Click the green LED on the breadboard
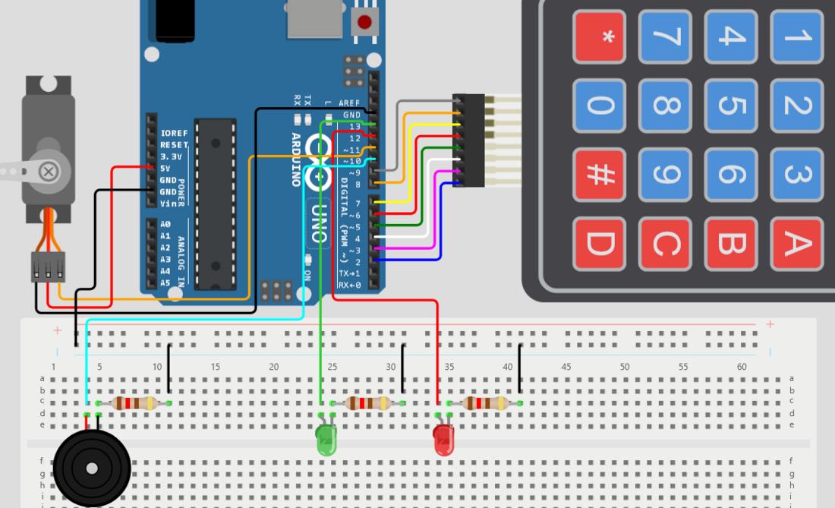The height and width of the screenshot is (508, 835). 326,440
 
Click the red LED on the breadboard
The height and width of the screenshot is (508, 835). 443,440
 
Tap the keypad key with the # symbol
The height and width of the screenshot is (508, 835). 600,174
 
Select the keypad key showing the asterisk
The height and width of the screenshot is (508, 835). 600,36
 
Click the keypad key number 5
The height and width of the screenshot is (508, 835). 731,106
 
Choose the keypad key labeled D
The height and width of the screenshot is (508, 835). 600,243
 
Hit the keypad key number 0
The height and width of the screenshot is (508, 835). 600,106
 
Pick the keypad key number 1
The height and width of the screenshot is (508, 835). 796,36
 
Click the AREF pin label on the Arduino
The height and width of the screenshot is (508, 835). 350,103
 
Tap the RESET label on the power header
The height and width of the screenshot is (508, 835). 174,144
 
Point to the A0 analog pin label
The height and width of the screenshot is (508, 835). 165,225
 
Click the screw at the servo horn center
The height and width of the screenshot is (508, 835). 48,172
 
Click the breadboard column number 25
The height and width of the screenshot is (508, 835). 332,367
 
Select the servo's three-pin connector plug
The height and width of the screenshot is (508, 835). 47,267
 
